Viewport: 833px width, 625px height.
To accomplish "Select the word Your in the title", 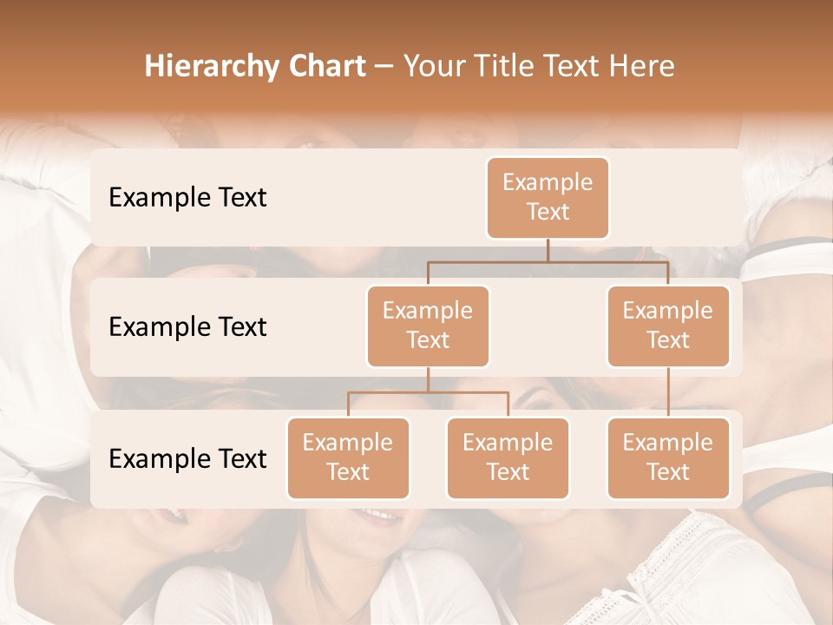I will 434,67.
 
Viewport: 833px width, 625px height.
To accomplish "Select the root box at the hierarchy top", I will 548,197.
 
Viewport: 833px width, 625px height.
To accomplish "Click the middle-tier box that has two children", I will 428,326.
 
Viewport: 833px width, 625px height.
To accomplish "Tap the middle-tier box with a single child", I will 668,326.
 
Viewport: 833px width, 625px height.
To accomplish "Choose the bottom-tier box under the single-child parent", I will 668,457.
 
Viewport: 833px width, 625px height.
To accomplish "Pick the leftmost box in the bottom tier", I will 348,457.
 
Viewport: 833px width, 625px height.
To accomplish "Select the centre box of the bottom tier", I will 508,457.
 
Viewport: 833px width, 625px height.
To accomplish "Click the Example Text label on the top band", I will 187,198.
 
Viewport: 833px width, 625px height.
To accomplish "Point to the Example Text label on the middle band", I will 187,327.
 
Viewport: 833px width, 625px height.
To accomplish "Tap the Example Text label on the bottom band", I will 187,459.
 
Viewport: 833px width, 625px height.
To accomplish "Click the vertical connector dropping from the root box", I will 548,250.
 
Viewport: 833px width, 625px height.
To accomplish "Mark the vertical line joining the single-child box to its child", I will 668,392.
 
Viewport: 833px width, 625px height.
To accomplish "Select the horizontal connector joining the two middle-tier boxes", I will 548,261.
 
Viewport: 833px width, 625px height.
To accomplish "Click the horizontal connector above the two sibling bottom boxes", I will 428,392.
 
